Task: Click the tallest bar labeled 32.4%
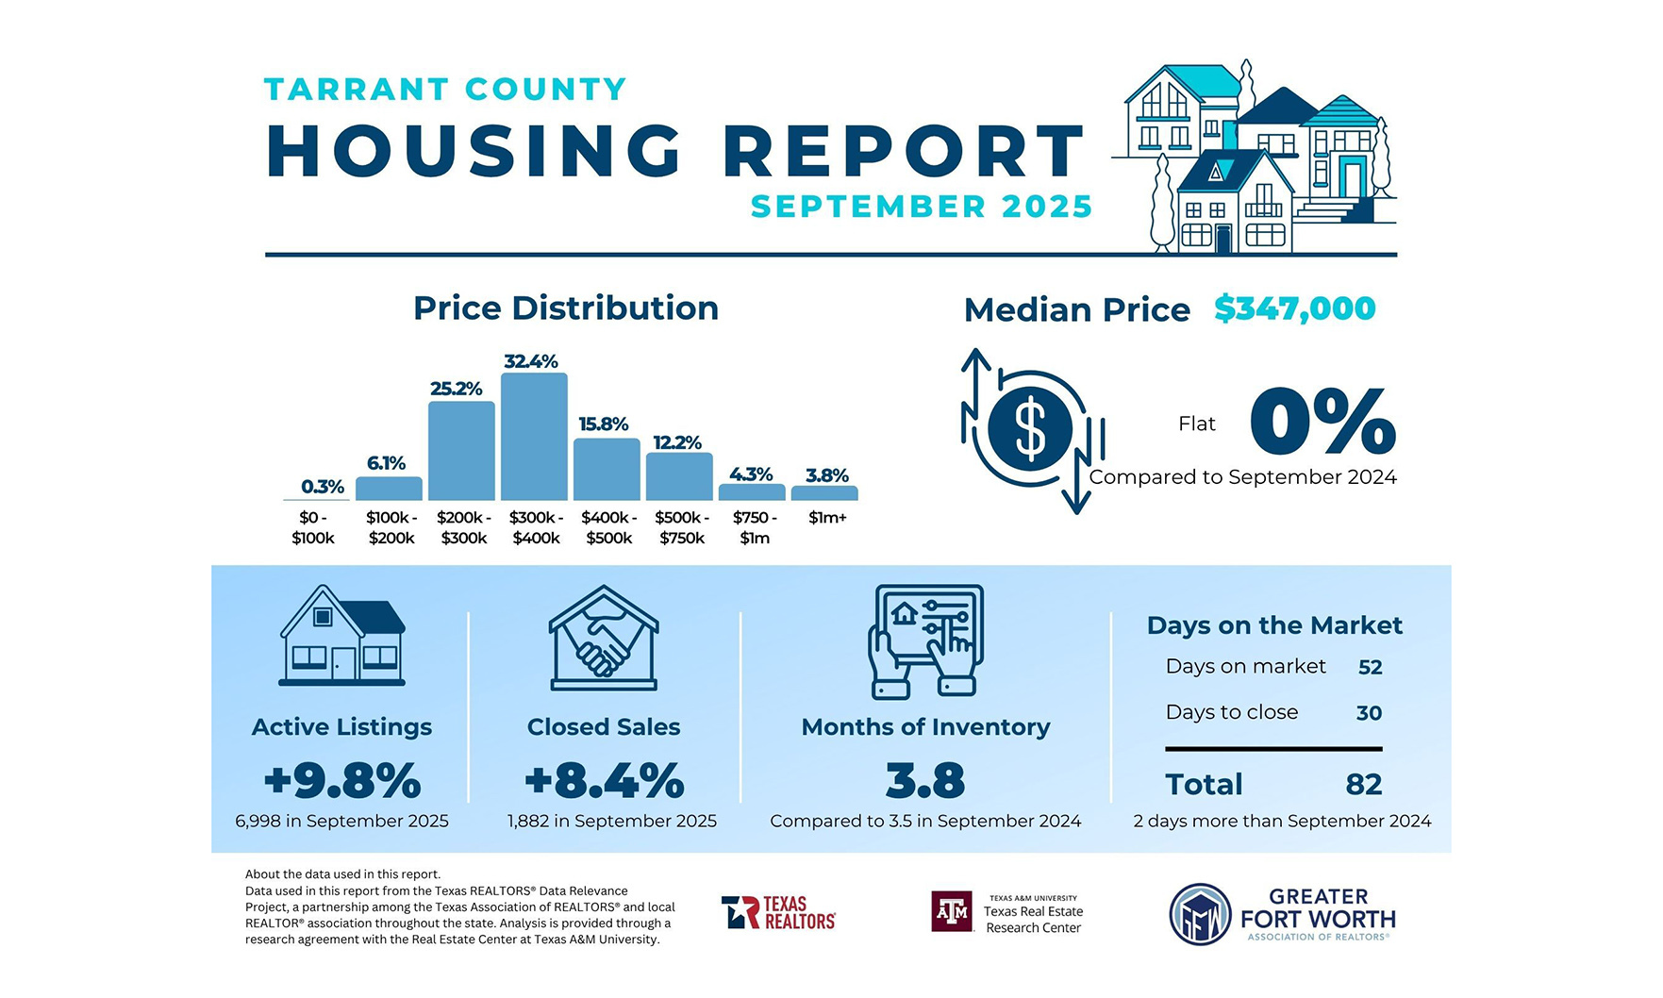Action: (x=534, y=436)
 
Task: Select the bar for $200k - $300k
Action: (x=461, y=450)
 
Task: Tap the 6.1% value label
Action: (x=386, y=463)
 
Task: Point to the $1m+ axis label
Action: (x=827, y=518)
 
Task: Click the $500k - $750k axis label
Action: (x=682, y=527)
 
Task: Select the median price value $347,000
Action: (x=1294, y=308)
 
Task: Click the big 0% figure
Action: (x=1322, y=422)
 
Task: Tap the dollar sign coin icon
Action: (x=1030, y=429)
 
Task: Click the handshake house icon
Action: (x=604, y=639)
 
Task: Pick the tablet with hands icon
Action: (x=925, y=640)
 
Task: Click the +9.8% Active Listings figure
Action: (x=342, y=781)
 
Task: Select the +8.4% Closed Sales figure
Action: (x=605, y=781)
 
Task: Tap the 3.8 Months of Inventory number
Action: (x=925, y=781)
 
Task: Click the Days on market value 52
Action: (x=1370, y=668)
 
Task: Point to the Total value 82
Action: (x=1364, y=785)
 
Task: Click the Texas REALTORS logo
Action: (x=779, y=913)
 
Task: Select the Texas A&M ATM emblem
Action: (x=952, y=912)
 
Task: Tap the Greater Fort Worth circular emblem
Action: (x=1200, y=914)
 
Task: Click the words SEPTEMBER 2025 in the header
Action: (x=922, y=207)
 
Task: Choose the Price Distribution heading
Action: (x=566, y=308)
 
